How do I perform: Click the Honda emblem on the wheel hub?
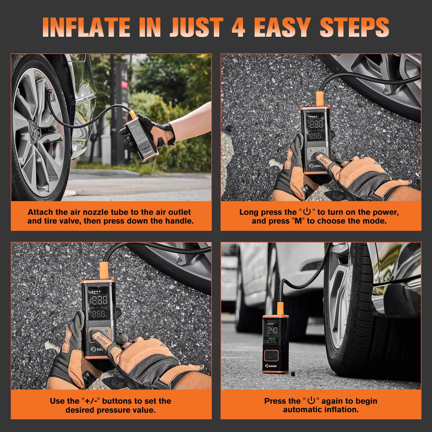click(x=33, y=129)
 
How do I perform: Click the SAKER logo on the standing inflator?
click(x=271, y=366)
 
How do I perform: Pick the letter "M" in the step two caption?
click(x=298, y=221)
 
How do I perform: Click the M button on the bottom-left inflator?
click(x=107, y=331)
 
